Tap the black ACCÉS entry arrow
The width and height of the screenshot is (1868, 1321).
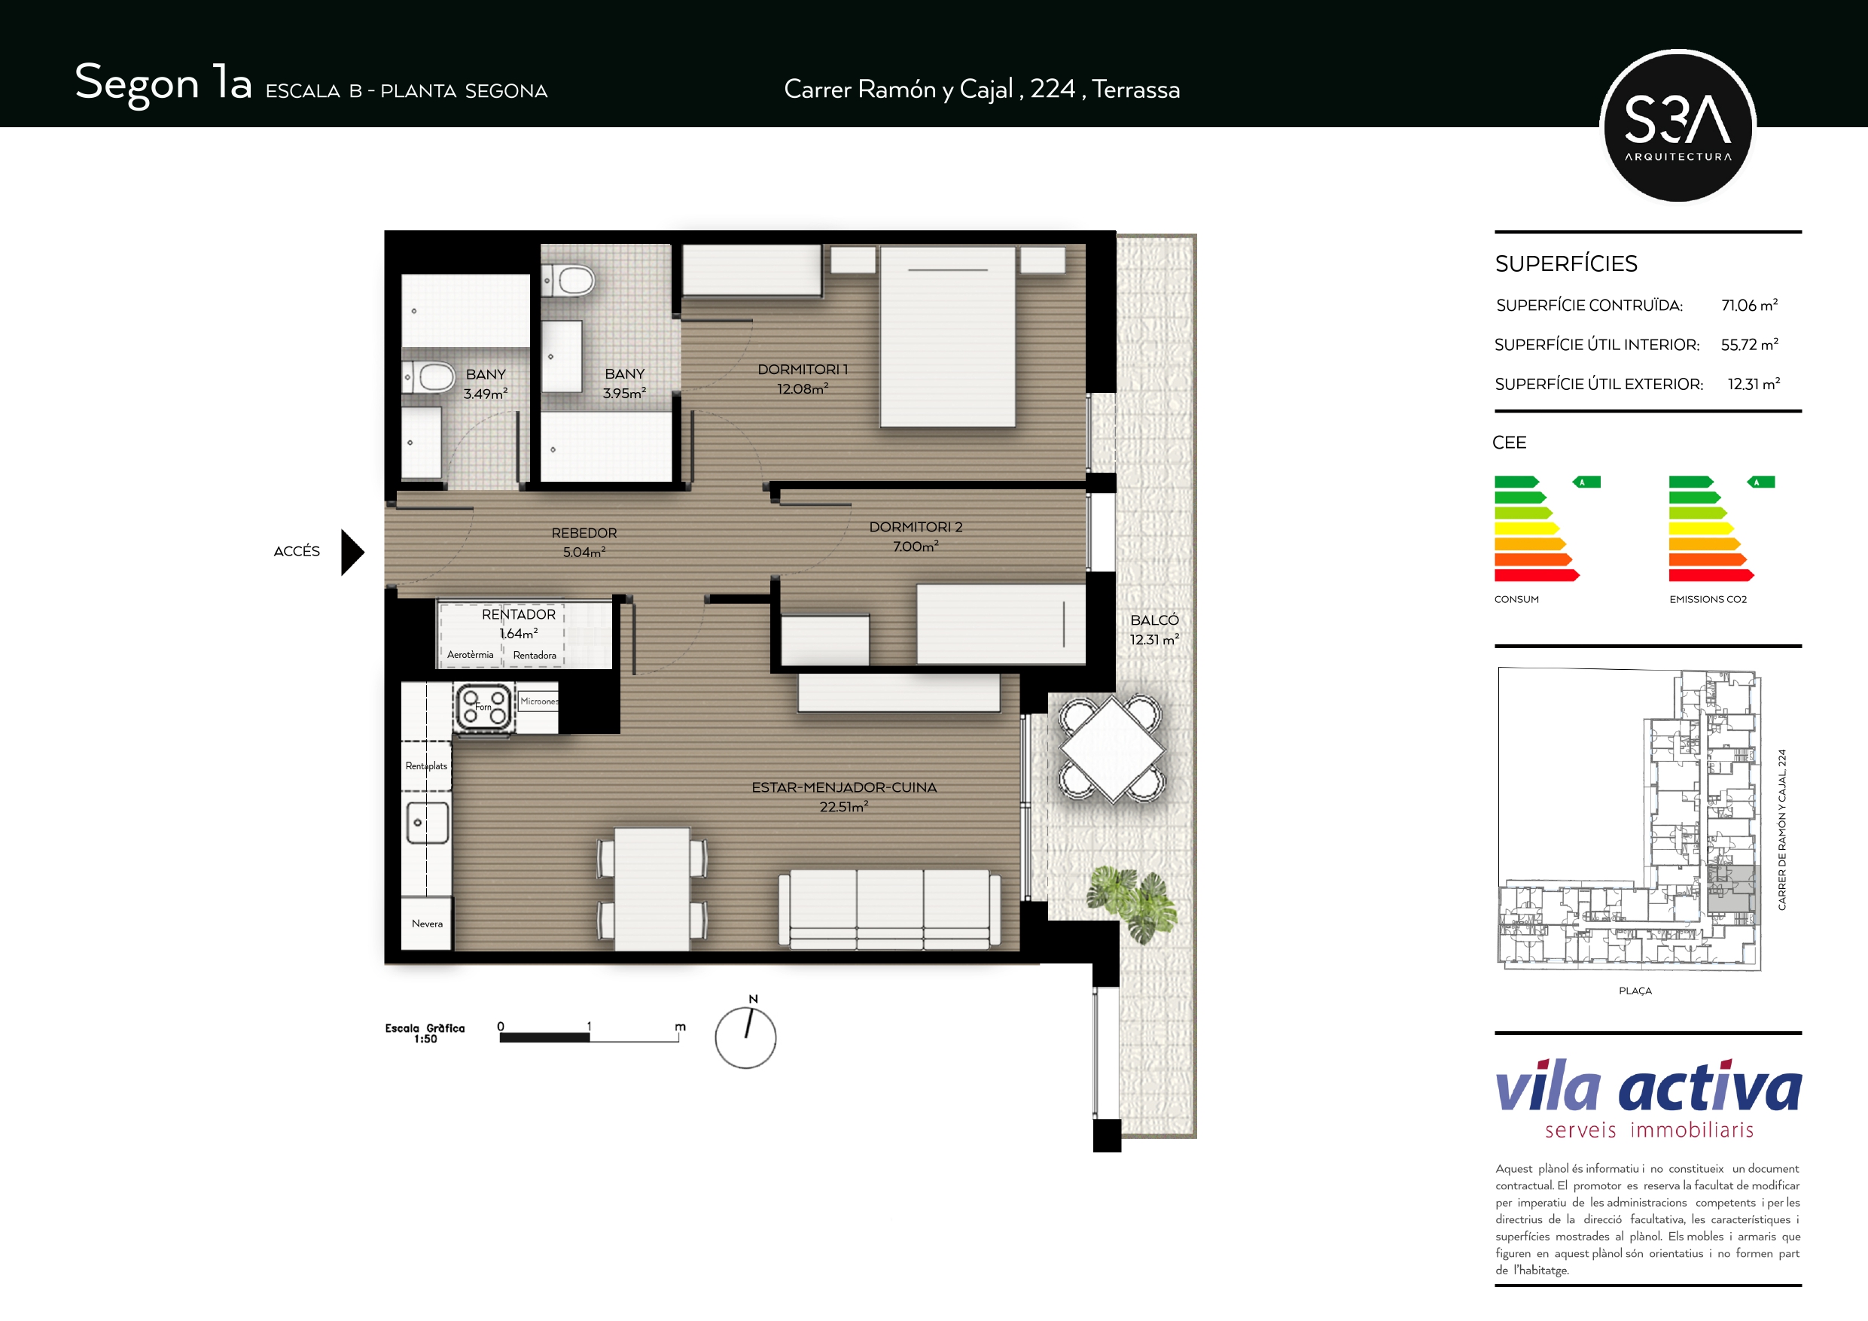coord(352,552)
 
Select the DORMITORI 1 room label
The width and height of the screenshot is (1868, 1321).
coord(802,370)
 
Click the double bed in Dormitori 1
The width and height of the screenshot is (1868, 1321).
coord(948,336)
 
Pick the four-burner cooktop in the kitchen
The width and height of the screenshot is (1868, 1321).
coord(485,706)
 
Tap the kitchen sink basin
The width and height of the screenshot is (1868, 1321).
coord(427,823)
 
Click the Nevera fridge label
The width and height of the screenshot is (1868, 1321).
coord(427,924)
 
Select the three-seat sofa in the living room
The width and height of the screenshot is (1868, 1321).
coord(889,909)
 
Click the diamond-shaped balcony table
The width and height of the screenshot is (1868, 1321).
coord(1112,749)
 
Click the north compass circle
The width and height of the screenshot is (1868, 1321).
coord(745,1038)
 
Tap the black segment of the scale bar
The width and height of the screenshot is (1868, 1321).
coord(544,1037)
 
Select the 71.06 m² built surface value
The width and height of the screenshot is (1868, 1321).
coord(1749,305)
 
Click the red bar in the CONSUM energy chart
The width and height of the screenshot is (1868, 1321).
coord(1537,576)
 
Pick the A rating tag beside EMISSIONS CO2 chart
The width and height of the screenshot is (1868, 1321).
coord(1760,482)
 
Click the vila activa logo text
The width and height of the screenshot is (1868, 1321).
coord(1648,1087)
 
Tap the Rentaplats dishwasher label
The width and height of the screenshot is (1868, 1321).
coord(426,766)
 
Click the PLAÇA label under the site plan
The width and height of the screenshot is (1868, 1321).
coord(1635,991)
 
